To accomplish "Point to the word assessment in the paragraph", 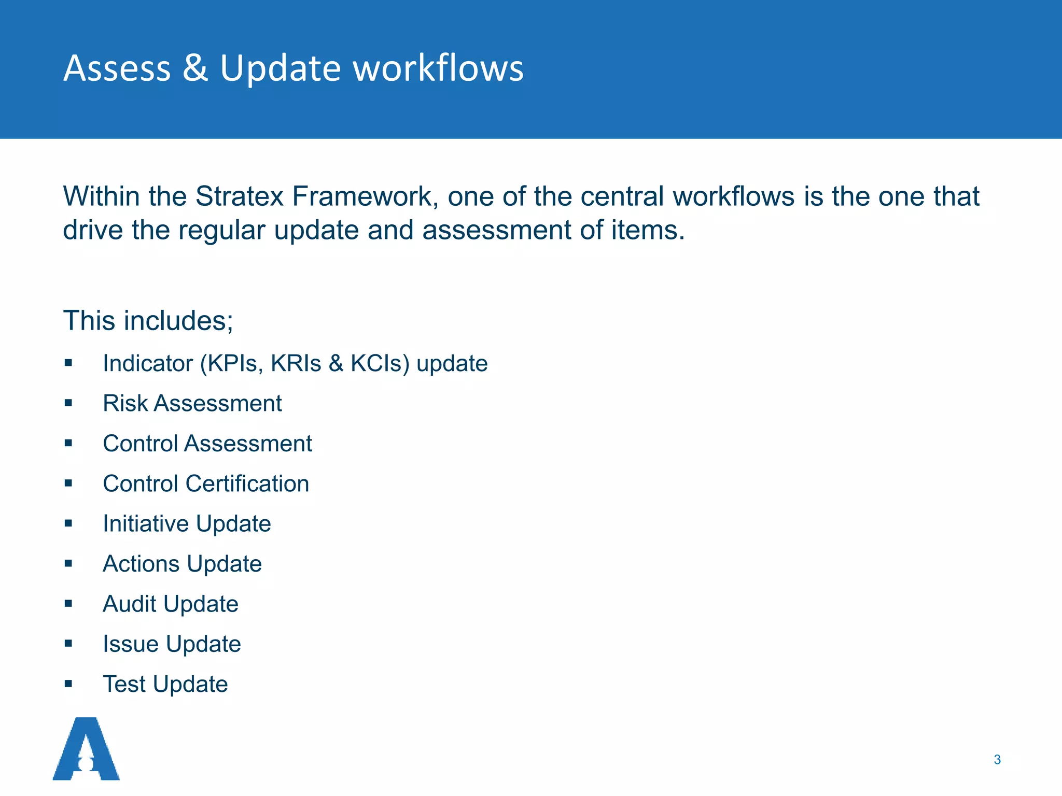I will pyautogui.click(x=496, y=230).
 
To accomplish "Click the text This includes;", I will pyautogui.click(x=148, y=320).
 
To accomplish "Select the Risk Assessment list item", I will pyautogui.click(x=192, y=403).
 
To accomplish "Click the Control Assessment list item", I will pyautogui.click(x=207, y=444).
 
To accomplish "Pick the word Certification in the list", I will pyautogui.click(x=247, y=484).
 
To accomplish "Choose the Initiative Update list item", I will pyautogui.click(x=187, y=523).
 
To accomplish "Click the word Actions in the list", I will pyautogui.click(x=141, y=564).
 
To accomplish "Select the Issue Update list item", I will pyautogui.click(x=172, y=644).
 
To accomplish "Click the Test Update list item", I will pyautogui.click(x=165, y=684).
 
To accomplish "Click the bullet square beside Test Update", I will pyautogui.click(x=68, y=684).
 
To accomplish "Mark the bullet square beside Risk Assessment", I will pyautogui.click(x=68, y=403).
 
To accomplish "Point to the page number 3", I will pyautogui.click(x=997, y=760).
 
